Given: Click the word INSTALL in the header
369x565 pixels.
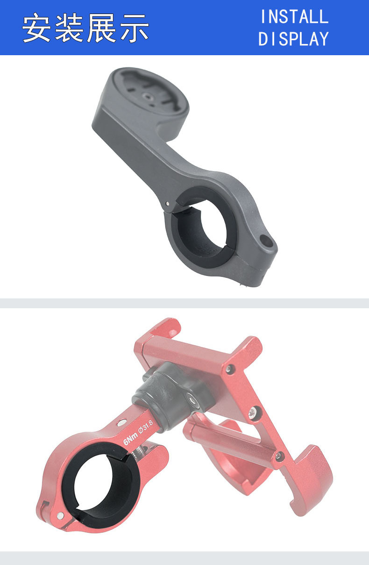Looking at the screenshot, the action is pyautogui.click(x=294, y=17).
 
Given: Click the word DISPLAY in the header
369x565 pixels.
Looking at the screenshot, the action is pyautogui.click(x=293, y=39).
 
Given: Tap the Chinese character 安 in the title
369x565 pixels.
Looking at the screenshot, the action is pyautogui.click(x=36, y=28).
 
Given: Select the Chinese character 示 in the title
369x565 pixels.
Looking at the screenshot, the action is pyautogui.click(x=135, y=28).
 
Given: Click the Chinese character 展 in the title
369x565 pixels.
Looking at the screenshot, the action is pyautogui.click(x=101, y=28).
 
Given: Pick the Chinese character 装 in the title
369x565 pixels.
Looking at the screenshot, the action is pyautogui.click(x=69, y=28).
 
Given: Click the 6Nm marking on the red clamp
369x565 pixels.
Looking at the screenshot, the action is pyautogui.click(x=130, y=441).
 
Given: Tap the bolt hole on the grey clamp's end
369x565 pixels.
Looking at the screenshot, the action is pyautogui.click(x=266, y=240).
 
